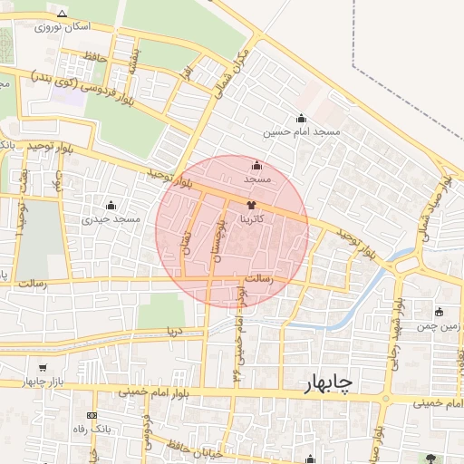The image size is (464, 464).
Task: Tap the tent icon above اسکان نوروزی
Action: pyautogui.click(x=62, y=14)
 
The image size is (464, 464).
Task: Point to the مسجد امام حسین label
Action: pyautogui.click(x=302, y=132)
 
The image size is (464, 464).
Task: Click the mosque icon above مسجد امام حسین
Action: pyautogui.click(x=302, y=119)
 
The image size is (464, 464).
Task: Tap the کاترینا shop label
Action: pyautogui.click(x=251, y=218)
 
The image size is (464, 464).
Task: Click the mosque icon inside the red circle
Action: pyautogui.click(x=256, y=166)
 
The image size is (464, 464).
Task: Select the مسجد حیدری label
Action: pyautogui.click(x=111, y=218)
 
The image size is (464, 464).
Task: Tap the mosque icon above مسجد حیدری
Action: pyautogui.click(x=111, y=205)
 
